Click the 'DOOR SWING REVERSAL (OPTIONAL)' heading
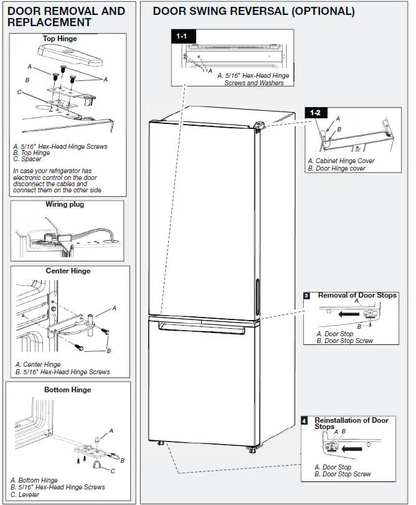point(253,11)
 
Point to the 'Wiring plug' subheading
point(65,204)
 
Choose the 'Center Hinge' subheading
point(68,271)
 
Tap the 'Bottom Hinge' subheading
point(67,390)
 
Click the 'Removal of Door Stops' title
point(357,295)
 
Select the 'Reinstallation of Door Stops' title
point(351,423)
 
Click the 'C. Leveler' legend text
point(25,494)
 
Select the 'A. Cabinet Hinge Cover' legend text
point(341,161)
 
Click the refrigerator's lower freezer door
point(202,380)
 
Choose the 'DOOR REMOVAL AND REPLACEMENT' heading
point(66,16)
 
